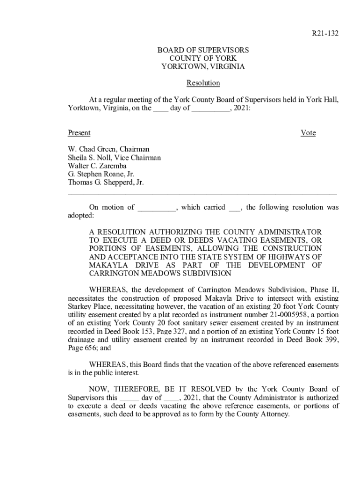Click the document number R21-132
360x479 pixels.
point(325,34)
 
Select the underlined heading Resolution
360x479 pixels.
point(203,83)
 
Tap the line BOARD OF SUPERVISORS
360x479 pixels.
point(203,50)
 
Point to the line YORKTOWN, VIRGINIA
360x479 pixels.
point(203,67)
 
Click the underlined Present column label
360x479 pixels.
point(79,133)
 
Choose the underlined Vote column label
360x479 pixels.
point(308,133)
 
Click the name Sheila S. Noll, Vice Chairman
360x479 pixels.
point(114,158)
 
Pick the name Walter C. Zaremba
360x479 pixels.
point(97,166)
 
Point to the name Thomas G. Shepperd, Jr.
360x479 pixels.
point(106,183)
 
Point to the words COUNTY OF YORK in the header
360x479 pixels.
point(203,58)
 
